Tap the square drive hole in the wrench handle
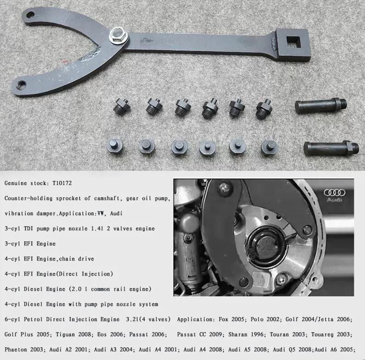pos(293,43)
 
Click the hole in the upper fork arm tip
pos(30,15)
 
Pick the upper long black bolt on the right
pos(321,106)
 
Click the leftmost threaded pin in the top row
pos(122,106)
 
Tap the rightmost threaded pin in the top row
pos(264,109)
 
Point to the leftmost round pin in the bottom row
pos(115,145)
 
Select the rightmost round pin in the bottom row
pos(269,147)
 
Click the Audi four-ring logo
pos(335,192)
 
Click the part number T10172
pos(62,183)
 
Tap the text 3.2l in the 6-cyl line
pos(132,319)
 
